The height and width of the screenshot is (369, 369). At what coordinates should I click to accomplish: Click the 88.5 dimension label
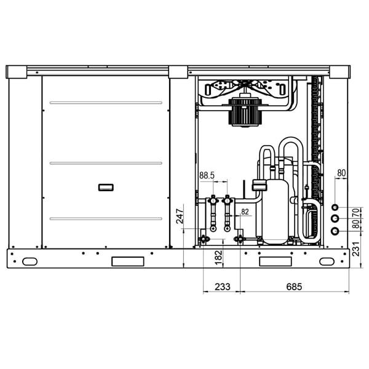click(207, 175)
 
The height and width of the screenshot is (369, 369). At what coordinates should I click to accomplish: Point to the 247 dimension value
click(180, 216)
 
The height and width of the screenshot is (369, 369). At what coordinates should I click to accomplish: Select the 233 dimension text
click(223, 287)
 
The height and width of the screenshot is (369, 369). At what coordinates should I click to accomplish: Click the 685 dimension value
click(294, 287)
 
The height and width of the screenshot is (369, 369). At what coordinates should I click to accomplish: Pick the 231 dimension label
click(356, 249)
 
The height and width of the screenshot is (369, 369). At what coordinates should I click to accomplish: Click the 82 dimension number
click(245, 212)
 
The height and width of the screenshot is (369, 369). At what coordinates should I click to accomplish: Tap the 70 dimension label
click(356, 213)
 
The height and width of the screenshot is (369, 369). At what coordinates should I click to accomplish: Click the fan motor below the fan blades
click(245, 113)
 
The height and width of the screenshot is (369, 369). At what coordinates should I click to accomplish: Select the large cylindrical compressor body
click(276, 212)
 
